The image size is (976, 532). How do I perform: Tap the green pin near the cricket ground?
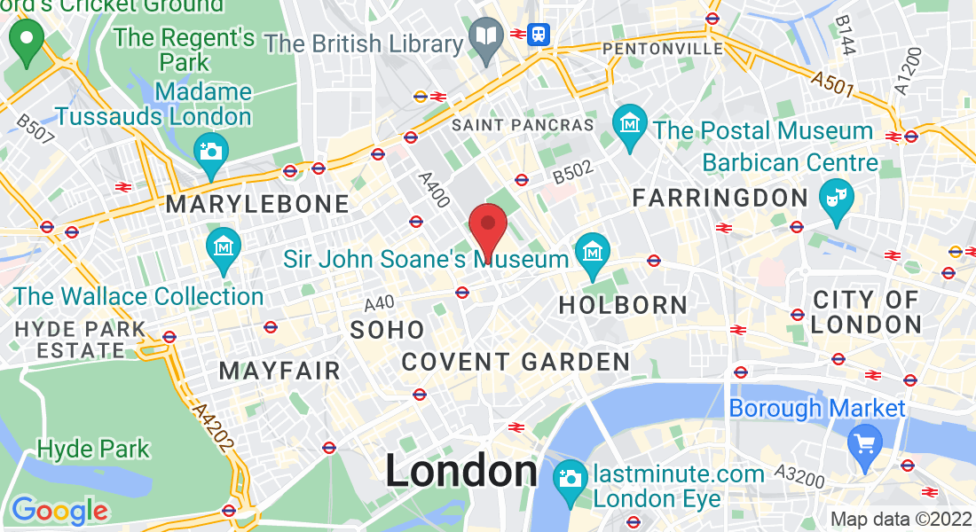(27, 41)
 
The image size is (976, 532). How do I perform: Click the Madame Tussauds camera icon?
(210, 151)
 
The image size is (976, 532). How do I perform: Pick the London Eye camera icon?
(569, 479)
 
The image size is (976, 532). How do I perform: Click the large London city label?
(460, 472)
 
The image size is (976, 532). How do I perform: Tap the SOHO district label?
(388, 330)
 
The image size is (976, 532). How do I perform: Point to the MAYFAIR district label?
(279, 370)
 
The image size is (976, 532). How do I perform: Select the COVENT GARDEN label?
(516, 362)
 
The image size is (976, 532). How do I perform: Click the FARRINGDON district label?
(720, 198)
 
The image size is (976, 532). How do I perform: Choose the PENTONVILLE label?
(663, 49)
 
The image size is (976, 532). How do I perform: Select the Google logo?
(59, 511)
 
